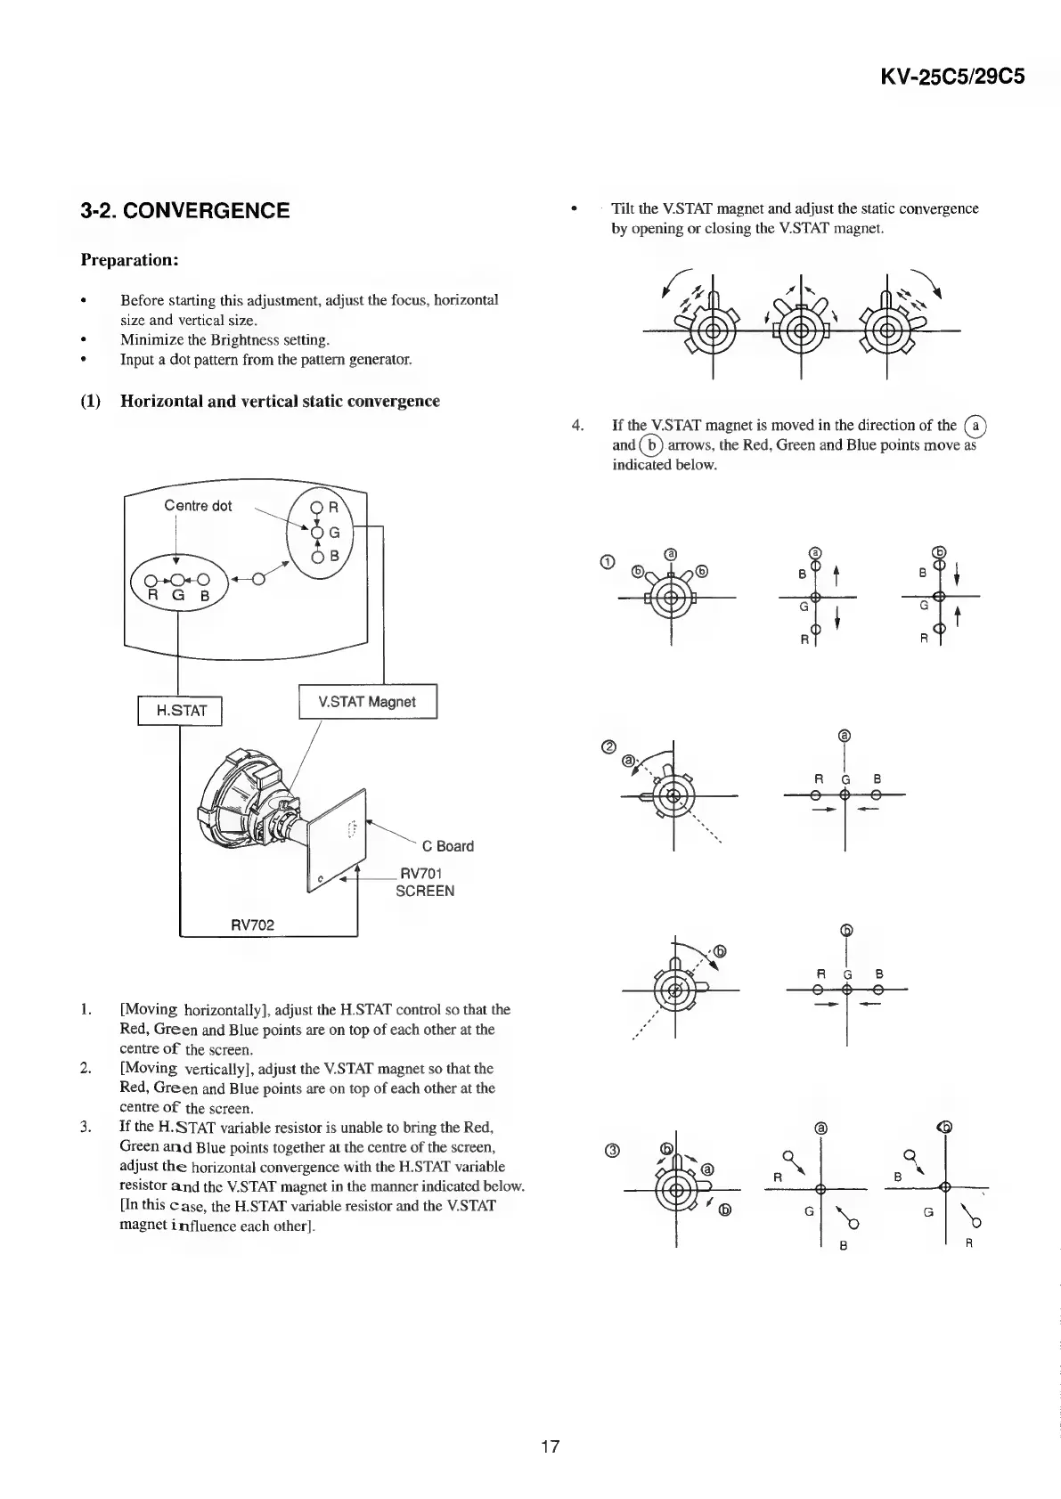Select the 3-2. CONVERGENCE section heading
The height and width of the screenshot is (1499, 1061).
pyautogui.click(x=184, y=210)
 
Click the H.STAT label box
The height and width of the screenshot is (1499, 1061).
pyautogui.click(x=181, y=710)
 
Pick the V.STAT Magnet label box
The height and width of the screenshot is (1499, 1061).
pyautogui.click(x=366, y=702)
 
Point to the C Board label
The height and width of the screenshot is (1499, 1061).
pyautogui.click(x=447, y=846)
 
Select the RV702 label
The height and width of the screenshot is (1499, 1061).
pyautogui.click(x=253, y=925)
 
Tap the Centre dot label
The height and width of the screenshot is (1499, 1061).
pyautogui.click(x=198, y=506)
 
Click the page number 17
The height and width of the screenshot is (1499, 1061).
pyautogui.click(x=550, y=1446)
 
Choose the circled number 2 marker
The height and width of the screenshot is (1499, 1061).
pyautogui.click(x=609, y=746)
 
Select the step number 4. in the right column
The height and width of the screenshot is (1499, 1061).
pyautogui.click(x=578, y=425)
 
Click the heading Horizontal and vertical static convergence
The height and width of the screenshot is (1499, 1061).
pyautogui.click(x=280, y=401)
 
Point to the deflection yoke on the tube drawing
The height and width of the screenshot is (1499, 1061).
pyautogui.click(x=241, y=793)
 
